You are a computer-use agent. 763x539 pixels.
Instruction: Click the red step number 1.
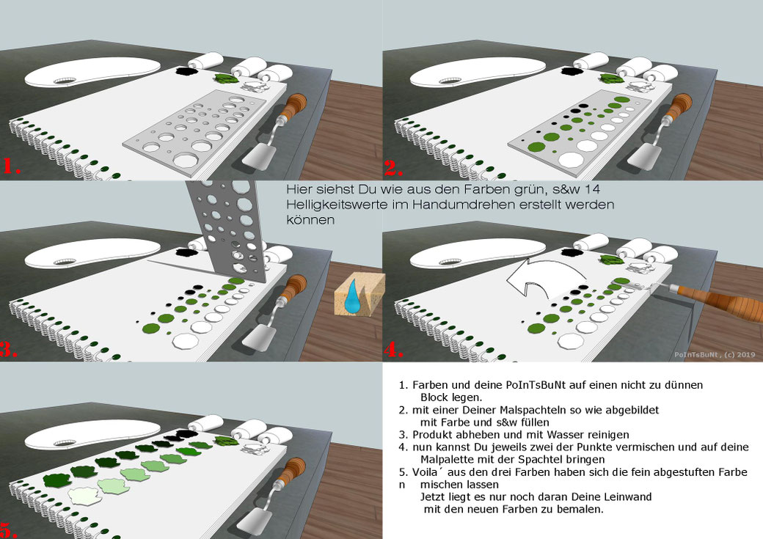[11, 166]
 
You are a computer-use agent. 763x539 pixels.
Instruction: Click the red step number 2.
[393, 169]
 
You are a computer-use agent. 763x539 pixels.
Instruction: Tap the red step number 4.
[393, 351]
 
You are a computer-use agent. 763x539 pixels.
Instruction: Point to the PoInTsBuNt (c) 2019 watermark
[715, 355]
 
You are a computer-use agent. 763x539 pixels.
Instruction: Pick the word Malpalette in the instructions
[444, 460]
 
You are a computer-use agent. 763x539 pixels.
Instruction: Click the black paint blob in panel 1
[184, 72]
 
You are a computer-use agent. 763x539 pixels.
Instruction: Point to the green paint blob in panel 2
[610, 78]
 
